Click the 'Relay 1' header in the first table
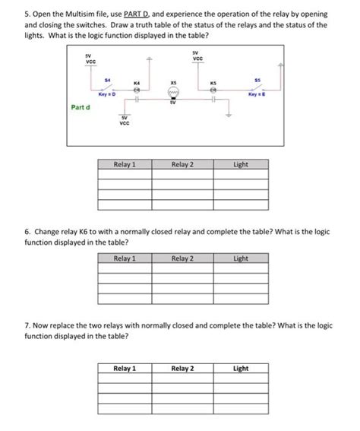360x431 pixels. pos(125,163)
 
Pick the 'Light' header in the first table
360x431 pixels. pos(241,163)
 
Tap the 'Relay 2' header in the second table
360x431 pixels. pos(182,258)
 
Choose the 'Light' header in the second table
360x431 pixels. pos(241,258)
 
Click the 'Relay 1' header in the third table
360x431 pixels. pos(125,369)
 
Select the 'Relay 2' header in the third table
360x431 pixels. pos(182,369)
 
